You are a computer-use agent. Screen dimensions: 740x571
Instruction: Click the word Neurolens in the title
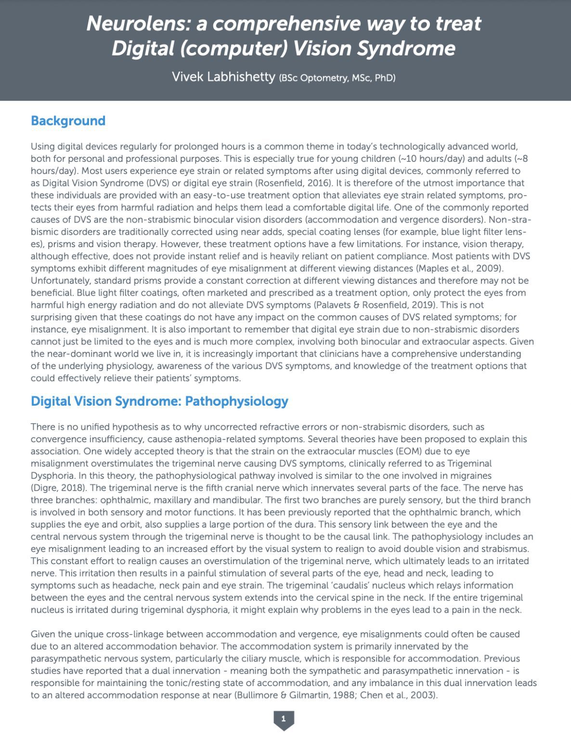click(x=136, y=24)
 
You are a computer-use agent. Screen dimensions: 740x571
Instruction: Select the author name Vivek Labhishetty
click(x=223, y=77)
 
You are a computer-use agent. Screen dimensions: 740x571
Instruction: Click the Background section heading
click(x=68, y=120)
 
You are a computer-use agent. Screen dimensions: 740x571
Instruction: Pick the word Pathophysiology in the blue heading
click(x=236, y=401)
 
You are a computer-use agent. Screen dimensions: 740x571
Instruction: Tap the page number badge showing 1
click(x=284, y=719)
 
